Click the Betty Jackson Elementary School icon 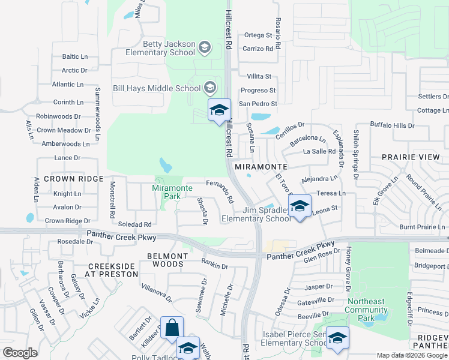[204, 47]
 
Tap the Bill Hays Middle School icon [209, 88]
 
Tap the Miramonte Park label [172, 192]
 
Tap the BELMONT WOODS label [167, 260]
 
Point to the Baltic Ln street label [74, 57]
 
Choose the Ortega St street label [258, 35]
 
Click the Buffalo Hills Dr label [392, 125]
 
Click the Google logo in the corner [20, 353]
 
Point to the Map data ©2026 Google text [411, 355]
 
